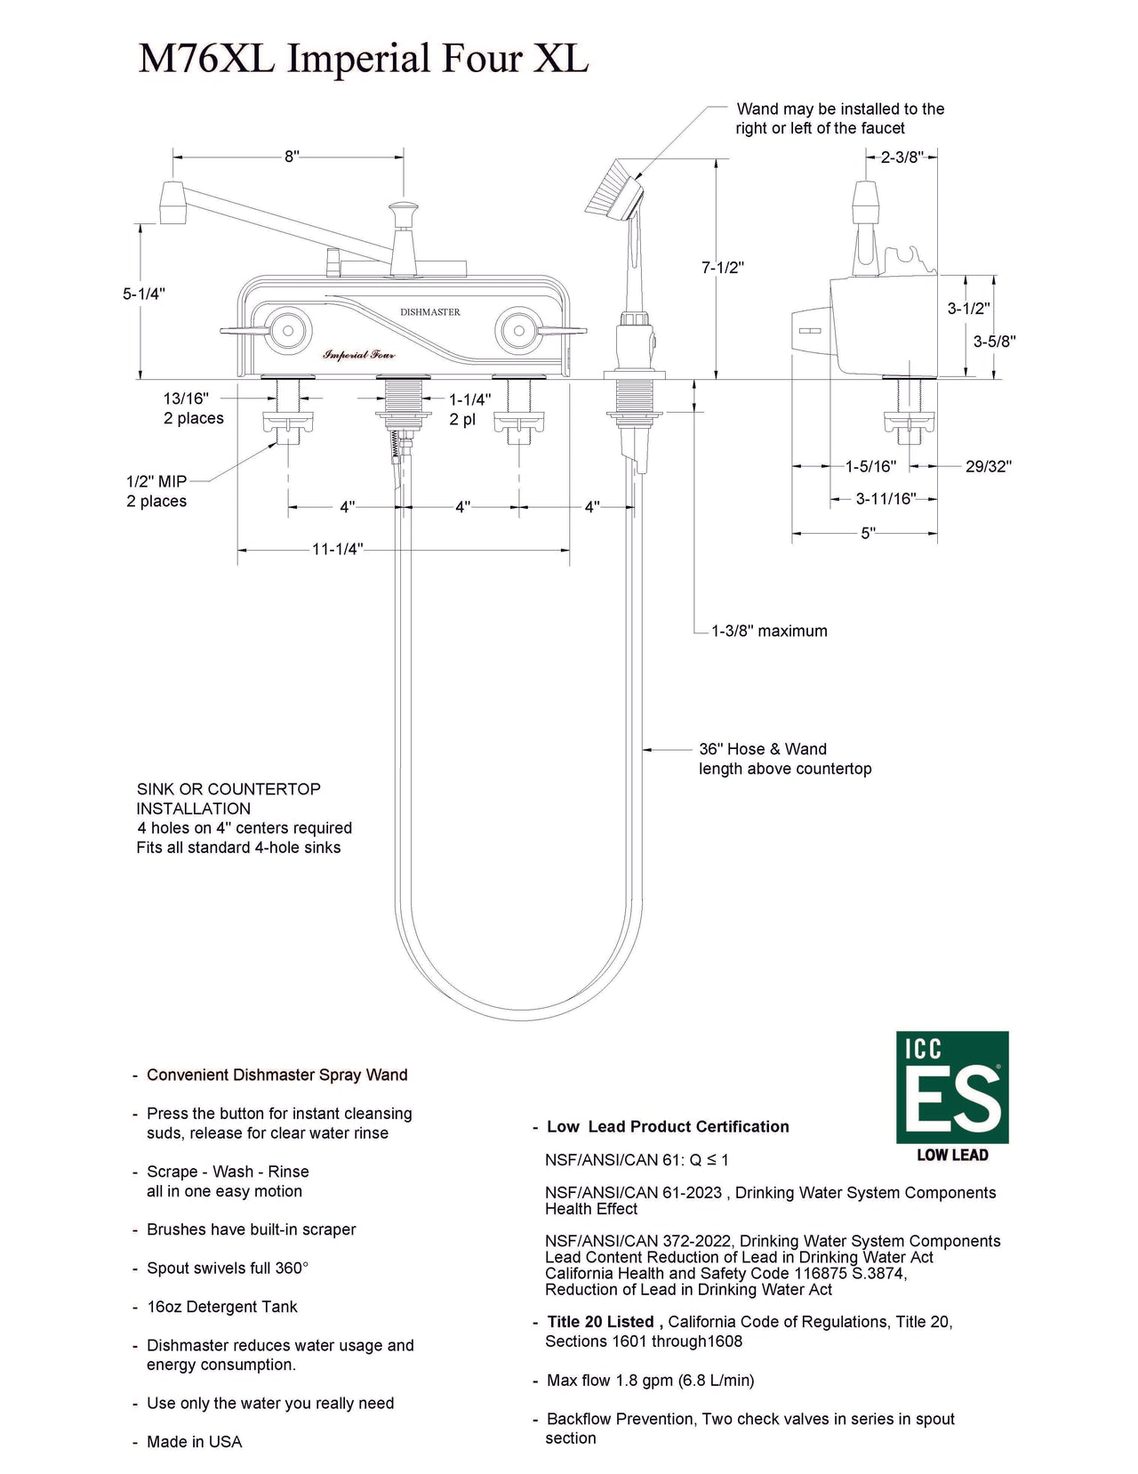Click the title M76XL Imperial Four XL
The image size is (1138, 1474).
click(363, 59)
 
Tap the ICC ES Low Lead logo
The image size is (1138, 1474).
click(952, 1096)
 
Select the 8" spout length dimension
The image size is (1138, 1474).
click(292, 157)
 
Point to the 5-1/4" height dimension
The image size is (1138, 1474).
click(144, 294)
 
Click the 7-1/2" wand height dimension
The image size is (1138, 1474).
click(722, 267)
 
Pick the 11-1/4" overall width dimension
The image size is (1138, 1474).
click(337, 549)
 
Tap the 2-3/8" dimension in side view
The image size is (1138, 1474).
click(902, 157)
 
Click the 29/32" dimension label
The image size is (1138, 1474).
click(988, 466)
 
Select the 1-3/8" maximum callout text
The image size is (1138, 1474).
click(769, 631)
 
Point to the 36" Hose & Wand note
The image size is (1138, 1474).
click(784, 759)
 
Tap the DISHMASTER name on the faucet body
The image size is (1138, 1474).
click(430, 312)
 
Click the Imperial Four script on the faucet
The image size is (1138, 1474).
click(359, 354)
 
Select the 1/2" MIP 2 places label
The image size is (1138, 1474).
click(156, 491)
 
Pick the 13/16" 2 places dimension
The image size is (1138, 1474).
click(193, 408)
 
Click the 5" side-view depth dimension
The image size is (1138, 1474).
click(868, 533)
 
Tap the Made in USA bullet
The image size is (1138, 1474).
click(194, 1442)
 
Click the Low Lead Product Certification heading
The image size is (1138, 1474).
click(668, 1126)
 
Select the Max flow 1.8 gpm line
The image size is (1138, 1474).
click(650, 1381)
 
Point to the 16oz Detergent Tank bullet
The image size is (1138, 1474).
click(221, 1307)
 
